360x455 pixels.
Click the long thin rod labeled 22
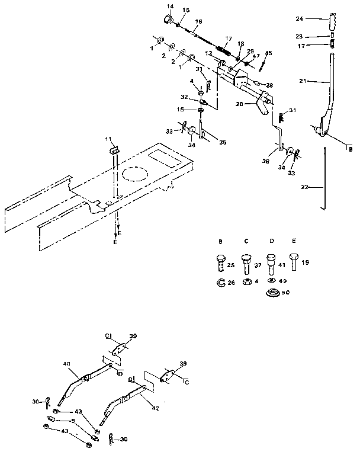[323, 181]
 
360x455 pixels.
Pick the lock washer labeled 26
[219, 281]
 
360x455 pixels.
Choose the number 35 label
[222, 142]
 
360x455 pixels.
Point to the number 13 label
[209, 54]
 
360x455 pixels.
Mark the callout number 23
[316, 36]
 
